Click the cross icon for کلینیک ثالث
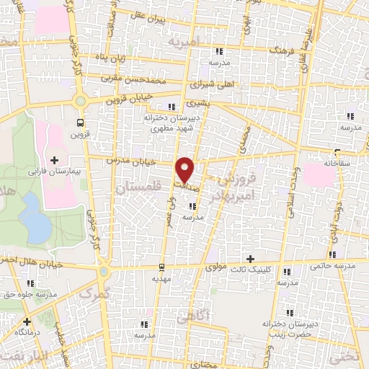click(x=250, y=259)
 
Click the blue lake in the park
click(x=35, y=218)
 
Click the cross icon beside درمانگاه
click(x=27, y=321)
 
